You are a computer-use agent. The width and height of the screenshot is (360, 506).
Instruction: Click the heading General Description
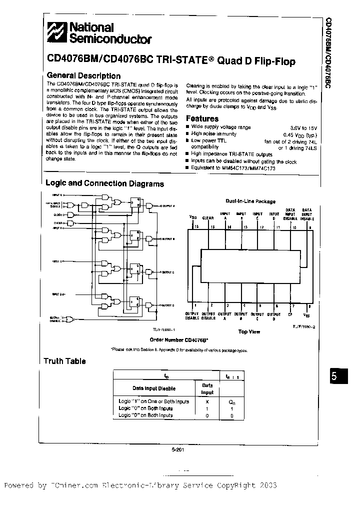pos(79,75)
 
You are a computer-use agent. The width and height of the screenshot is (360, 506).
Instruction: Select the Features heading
pos(202,118)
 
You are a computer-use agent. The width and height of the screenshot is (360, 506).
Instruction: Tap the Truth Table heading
pos(64,361)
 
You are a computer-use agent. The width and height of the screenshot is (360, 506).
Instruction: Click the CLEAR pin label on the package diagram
pos(208,218)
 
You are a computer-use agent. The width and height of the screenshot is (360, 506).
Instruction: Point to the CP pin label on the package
pos(290,315)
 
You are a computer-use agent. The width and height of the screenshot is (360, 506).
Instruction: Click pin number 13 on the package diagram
pos(244,227)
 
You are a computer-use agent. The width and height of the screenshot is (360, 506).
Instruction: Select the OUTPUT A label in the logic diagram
pos(168,205)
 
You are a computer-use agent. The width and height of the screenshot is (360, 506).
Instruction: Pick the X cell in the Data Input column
pos(207,401)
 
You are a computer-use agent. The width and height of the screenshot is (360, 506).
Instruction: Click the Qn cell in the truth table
pos(231,401)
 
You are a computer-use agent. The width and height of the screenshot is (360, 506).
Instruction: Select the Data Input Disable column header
pos(153,388)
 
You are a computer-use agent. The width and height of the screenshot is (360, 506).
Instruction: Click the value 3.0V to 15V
pos(304,127)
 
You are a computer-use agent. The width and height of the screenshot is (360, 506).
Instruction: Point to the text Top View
pos(248,331)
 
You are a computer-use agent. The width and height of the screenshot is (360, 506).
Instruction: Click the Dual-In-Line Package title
pos(250,201)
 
